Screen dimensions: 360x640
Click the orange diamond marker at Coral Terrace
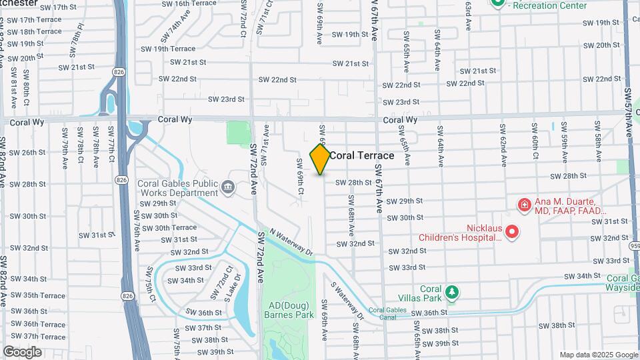tap(320, 159)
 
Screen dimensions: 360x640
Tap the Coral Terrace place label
tap(362, 156)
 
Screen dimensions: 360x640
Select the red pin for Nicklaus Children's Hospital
tap(512, 232)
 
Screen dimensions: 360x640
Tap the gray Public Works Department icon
tap(228, 188)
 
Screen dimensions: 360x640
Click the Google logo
tap(23, 352)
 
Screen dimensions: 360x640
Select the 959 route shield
tap(634, 245)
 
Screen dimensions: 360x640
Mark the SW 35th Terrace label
tap(34, 295)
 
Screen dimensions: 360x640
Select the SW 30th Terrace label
tap(167, 227)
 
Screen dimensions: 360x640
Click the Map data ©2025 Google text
tap(597, 355)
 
